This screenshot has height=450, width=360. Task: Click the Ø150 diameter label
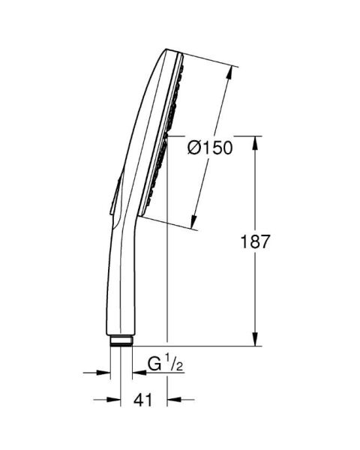(210, 148)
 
